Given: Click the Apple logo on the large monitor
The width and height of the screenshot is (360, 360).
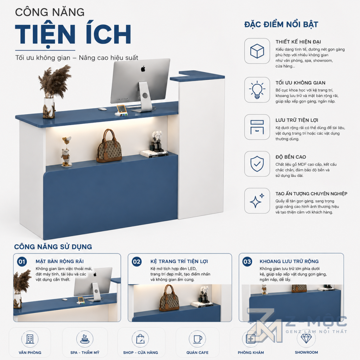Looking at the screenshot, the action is click(143, 69).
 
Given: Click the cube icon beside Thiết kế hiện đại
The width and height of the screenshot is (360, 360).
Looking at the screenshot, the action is click(257, 51).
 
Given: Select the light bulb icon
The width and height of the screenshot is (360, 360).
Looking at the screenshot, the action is click(257, 90).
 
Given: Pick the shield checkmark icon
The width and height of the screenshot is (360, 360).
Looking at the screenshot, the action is click(257, 164).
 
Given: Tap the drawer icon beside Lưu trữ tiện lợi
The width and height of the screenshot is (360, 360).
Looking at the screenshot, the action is click(257, 127).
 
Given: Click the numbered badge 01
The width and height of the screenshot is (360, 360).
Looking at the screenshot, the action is click(22, 262).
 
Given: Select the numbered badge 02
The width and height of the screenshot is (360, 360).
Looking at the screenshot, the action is click(137, 262).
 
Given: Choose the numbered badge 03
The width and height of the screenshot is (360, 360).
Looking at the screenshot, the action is click(247, 262).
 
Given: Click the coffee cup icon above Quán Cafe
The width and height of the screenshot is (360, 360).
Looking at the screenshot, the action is click(198, 339).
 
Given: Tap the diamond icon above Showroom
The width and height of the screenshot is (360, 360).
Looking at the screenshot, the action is click(306, 339).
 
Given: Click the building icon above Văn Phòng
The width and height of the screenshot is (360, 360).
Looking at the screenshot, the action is click(30, 339).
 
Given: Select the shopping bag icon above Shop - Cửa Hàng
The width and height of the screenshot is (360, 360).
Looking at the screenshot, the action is click(140, 339).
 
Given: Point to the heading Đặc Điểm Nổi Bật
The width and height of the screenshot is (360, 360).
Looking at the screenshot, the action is click(281, 24).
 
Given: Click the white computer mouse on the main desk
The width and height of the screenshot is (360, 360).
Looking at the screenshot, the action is click(102, 109).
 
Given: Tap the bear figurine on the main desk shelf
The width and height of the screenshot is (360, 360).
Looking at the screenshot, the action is click(66, 152).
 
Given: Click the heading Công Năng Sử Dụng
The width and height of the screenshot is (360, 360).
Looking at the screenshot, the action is click(53, 247).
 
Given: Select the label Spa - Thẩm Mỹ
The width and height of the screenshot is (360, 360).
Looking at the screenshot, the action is click(85, 352).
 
